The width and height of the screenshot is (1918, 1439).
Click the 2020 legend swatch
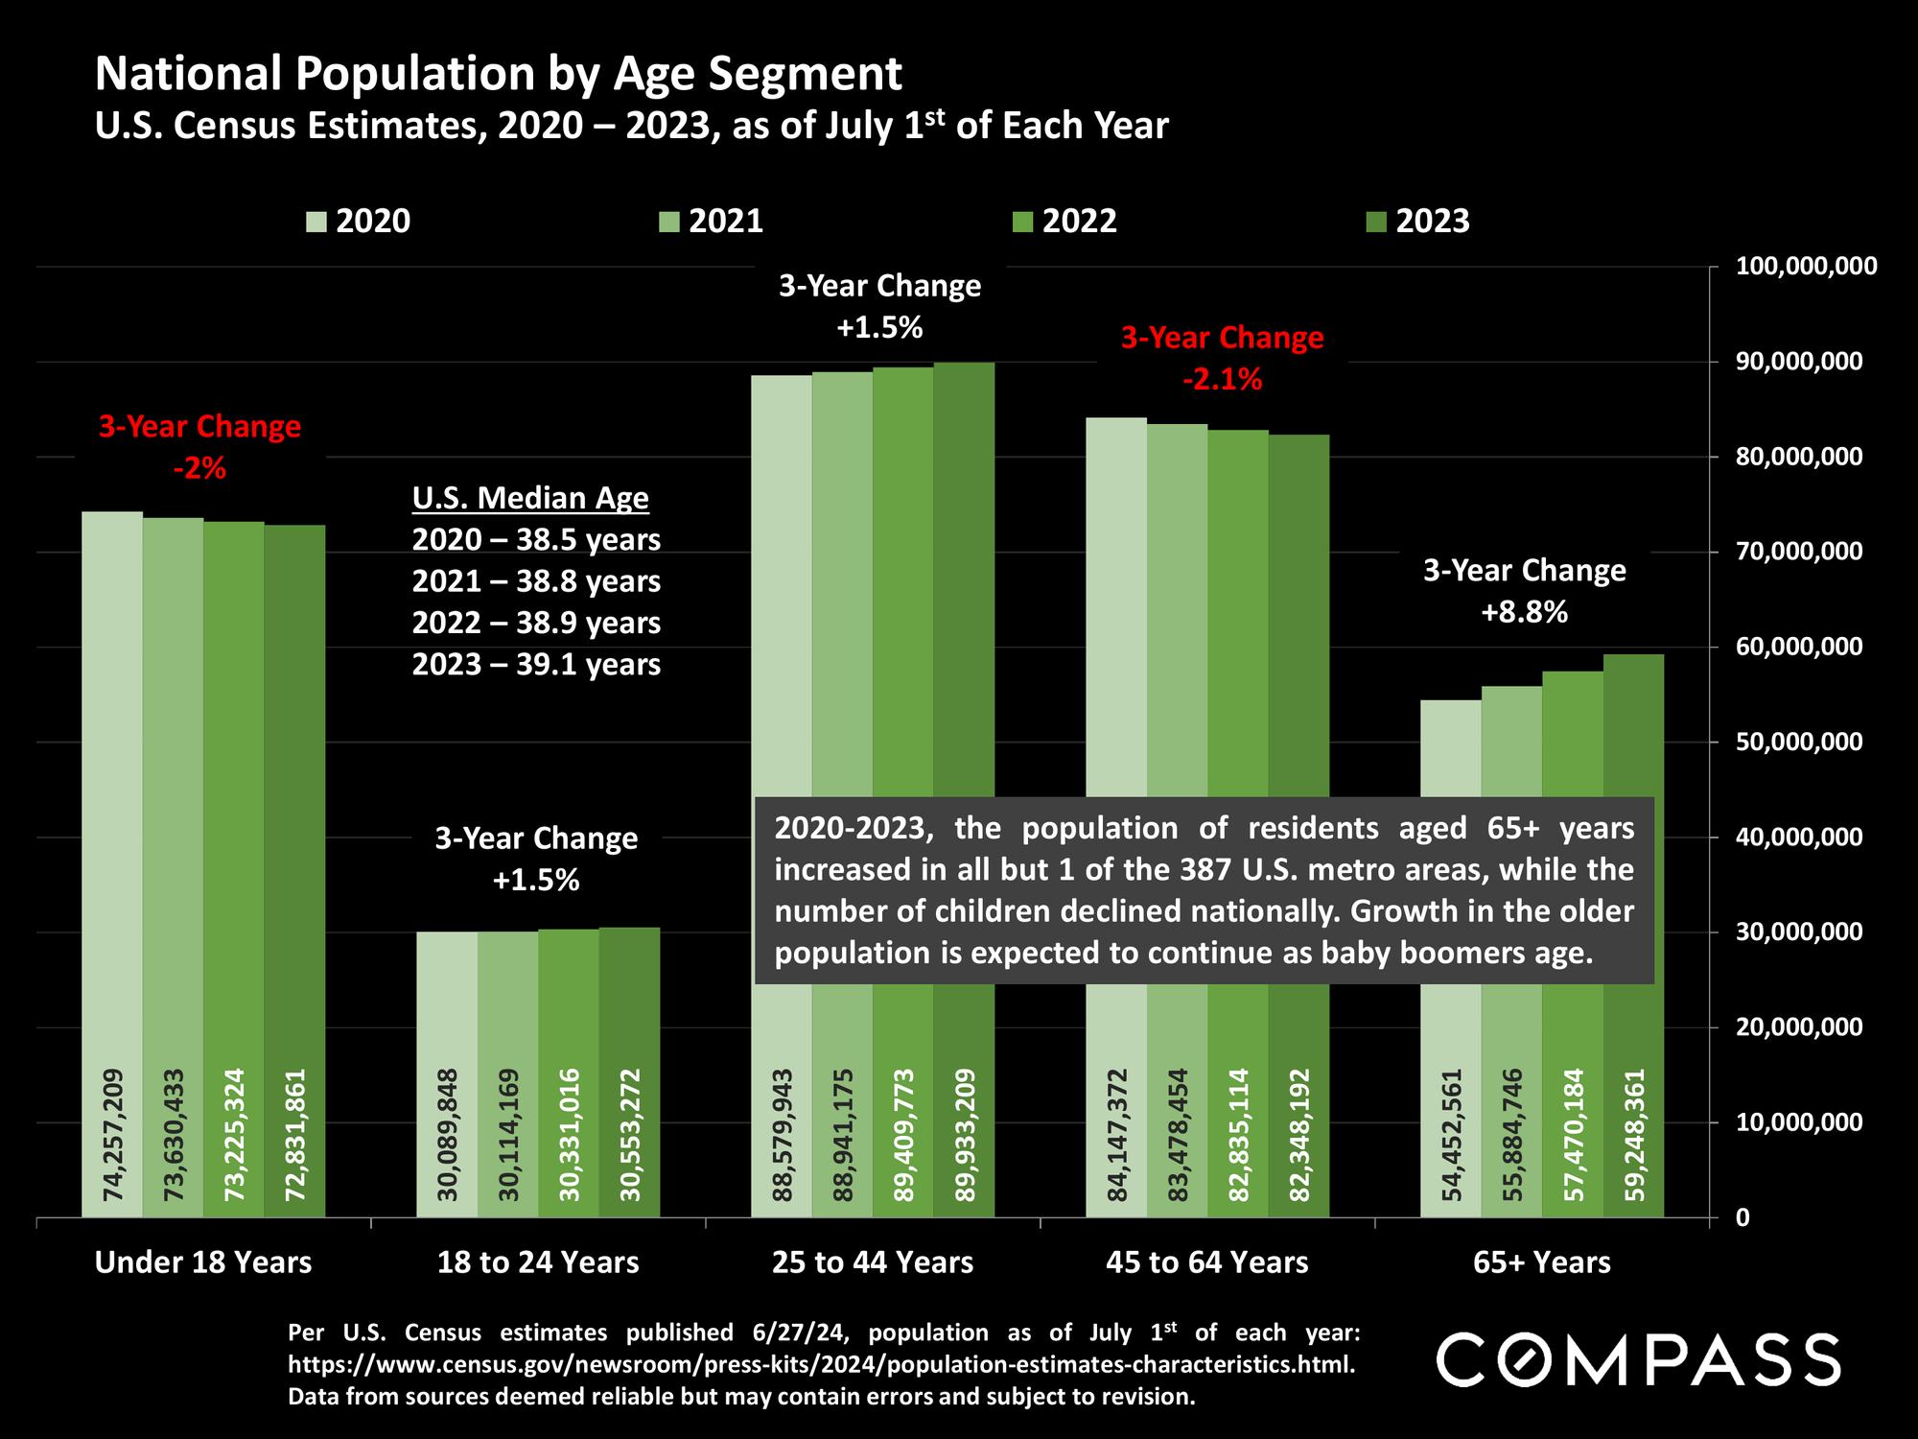316,223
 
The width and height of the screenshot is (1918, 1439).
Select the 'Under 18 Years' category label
203,1262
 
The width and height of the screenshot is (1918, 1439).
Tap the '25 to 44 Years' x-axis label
873,1262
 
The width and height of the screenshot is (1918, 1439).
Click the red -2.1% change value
1222,381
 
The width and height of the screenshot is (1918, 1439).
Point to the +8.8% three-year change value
1524,613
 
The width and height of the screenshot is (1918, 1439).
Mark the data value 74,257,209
112,1135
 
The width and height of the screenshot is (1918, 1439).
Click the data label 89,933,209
964,1135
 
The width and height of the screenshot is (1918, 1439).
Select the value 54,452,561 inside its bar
1451,1135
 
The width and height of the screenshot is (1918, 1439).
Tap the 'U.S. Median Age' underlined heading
530,499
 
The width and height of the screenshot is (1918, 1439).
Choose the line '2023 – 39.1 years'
536,665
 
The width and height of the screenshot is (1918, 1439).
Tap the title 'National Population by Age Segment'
499,75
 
